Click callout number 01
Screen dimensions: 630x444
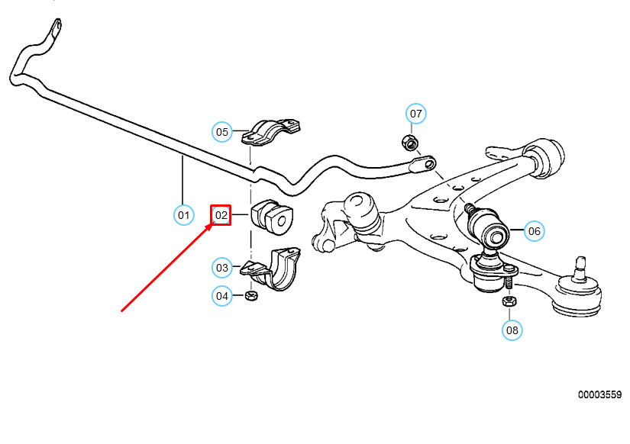183,215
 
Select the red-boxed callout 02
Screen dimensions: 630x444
221,215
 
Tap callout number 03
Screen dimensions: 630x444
221,268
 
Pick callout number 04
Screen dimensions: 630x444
221,296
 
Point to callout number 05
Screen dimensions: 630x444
221,132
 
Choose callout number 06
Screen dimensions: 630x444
534,231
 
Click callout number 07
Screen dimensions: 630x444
416,114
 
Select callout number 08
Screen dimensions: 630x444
512,330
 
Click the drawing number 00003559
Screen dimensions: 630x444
600,395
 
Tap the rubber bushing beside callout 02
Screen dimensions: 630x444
272,217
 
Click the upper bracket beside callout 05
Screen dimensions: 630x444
271,132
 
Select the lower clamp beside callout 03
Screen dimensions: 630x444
270,269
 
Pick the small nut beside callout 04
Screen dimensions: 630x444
251,296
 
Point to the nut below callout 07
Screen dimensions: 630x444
411,142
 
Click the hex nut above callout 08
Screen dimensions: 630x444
509,301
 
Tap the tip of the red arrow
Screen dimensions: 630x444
212,224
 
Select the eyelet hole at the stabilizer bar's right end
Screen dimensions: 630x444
429,163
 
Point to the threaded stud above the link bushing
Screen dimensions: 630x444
468,209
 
